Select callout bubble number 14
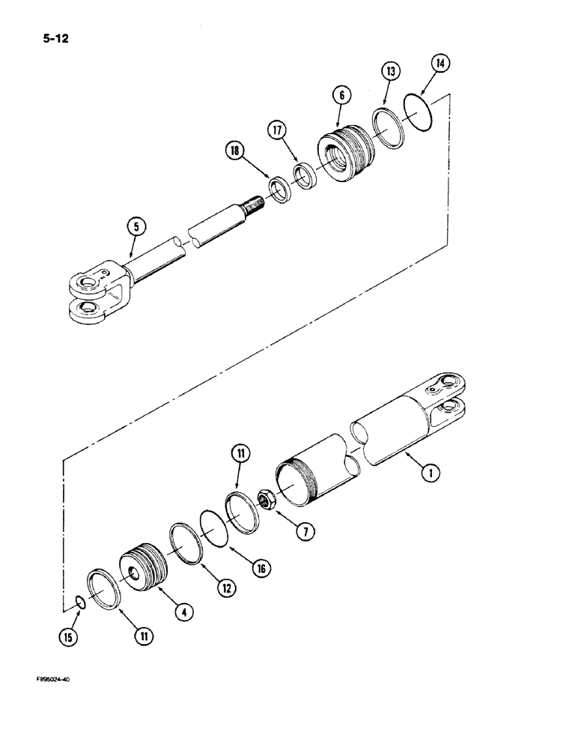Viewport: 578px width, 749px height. pos(442,64)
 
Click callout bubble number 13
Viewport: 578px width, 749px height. pos(391,72)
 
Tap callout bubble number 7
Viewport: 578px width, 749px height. pos(303,531)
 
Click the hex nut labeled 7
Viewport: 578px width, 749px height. pos(266,500)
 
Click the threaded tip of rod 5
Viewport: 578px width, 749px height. pos(255,202)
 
